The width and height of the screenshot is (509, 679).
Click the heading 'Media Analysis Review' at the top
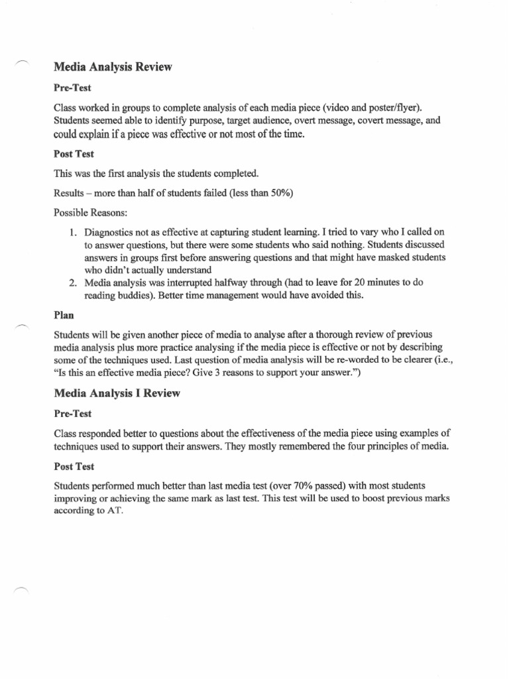(x=112, y=67)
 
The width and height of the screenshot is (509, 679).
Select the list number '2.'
(x=73, y=282)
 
